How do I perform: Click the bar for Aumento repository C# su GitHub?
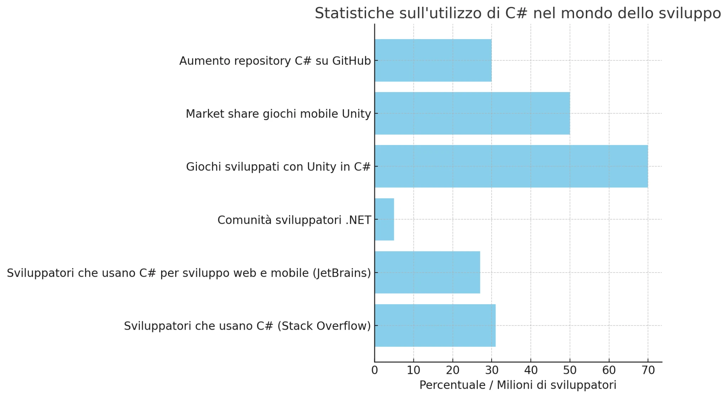[x=433, y=60]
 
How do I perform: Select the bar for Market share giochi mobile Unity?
[x=472, y=113]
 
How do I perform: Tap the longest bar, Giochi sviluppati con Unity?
[x=511, y=166]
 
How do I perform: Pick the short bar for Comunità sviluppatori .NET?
[x=384, y=219]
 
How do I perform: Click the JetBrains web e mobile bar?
[x=427, y=273]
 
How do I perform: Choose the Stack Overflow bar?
[x=435, y=326]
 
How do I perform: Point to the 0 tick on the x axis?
[x=375, y=371]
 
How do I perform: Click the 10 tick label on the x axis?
[x=413, y=371]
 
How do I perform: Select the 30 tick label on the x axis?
[x=492, y=371]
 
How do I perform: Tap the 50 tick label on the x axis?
[x=570, y=371]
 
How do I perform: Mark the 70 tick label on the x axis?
[x=648, y=371]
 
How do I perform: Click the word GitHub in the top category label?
[x=352, y=61]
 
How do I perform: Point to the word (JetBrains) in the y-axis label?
[x=342, y=273]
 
